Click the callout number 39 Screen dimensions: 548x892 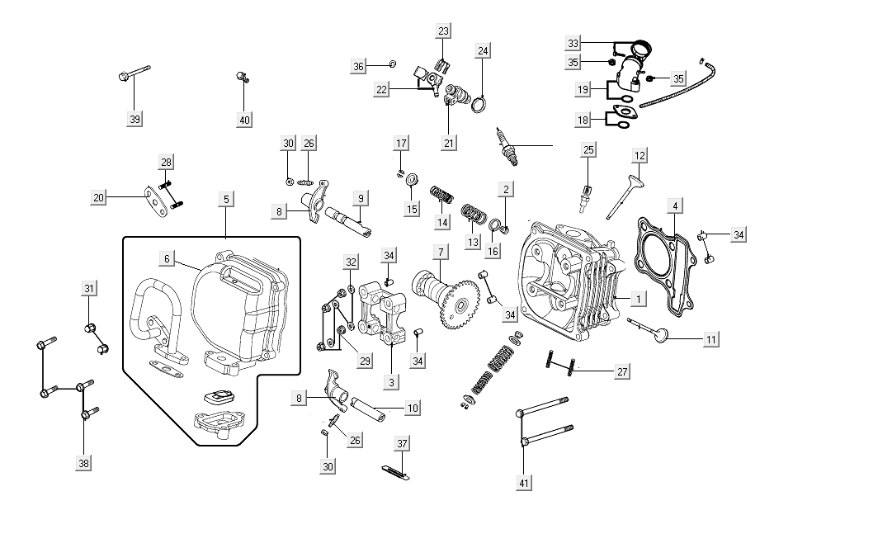click(x=135, y=120)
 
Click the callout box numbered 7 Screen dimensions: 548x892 click(x=441, y=251)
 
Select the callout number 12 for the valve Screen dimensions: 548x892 click(x=640, y=155)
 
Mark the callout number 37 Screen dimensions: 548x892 click(x=402, y=444)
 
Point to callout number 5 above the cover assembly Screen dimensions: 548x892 click(x=225, y=199)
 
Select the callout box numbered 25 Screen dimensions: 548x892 click(x=588, y=149)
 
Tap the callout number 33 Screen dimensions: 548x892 click(x=573, y=43)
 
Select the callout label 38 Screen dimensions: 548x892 click(x=83, y=464)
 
